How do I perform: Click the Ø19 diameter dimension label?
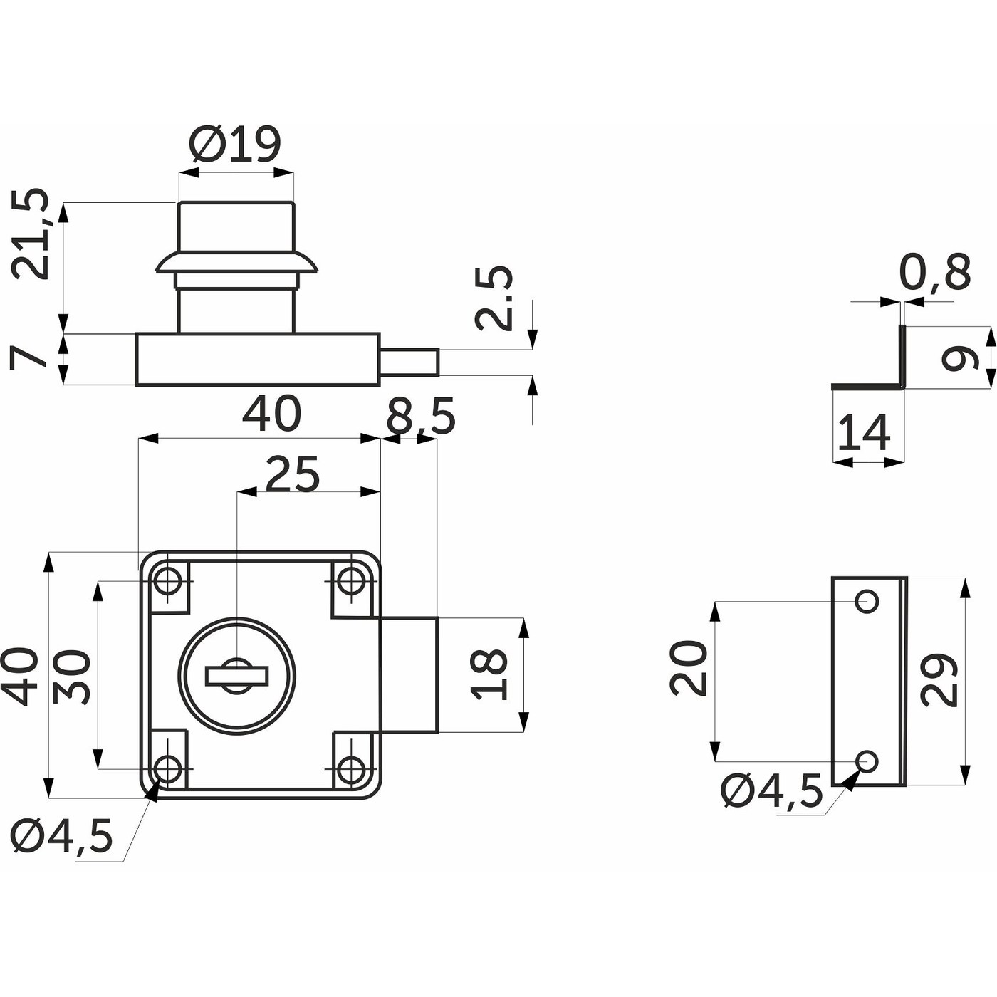236,145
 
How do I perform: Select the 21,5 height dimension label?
31,234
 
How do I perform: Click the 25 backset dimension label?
293,475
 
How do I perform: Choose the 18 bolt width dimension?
490,674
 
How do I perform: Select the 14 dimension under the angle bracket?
864,433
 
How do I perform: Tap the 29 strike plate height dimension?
938,679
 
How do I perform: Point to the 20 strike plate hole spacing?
689,667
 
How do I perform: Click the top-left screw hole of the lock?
169,581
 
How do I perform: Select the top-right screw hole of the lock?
350,581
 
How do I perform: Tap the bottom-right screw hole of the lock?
350,769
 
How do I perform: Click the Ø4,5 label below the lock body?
63,836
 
